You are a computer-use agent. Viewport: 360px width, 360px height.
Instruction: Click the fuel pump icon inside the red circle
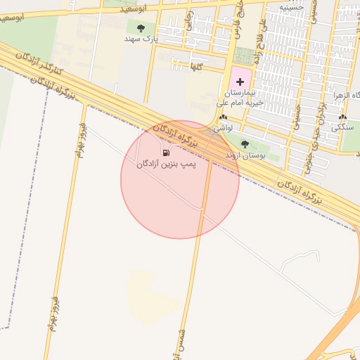click(166, 153)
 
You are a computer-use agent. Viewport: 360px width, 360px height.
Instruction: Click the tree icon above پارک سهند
click(141, 28)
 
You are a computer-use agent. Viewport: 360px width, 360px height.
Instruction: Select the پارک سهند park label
click(140, 39)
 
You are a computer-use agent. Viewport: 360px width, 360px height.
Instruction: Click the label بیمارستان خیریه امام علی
click(239, 98)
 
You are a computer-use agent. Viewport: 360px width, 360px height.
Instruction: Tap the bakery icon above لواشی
click(224, 118)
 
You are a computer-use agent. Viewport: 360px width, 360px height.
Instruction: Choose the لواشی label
click(224, 129)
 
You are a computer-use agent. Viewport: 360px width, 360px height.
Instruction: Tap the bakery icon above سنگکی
click(342, 118)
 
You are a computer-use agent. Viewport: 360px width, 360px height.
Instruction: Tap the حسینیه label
click(291, 7)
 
